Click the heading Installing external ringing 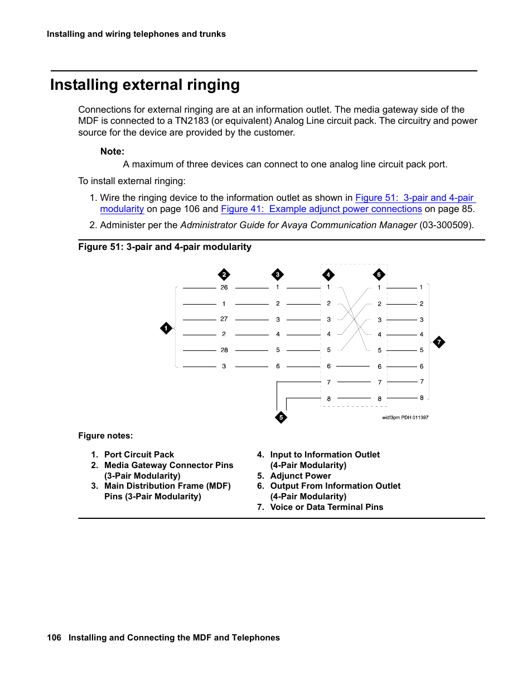click(145, 85)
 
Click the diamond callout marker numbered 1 click(166, 328)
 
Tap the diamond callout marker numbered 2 click(224, 274)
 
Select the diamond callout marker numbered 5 click(281, 417)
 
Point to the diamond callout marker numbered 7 click(439, 342)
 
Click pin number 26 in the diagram click(224, 287)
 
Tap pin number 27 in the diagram click(224, 319)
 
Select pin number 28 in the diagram click(224, 350)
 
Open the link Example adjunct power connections click(321, 209)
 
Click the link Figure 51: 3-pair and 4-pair click(414, 198)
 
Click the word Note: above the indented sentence click(112, 151)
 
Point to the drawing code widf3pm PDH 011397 click(405, 417)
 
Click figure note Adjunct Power click(301, 476)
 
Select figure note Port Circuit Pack click(139, 455)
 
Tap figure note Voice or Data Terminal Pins click(326, 507)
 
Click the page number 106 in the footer click(54, 638)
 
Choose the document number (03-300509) click(446, 225)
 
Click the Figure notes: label click(105, 436)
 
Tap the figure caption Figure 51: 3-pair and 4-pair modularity click(165, 247)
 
